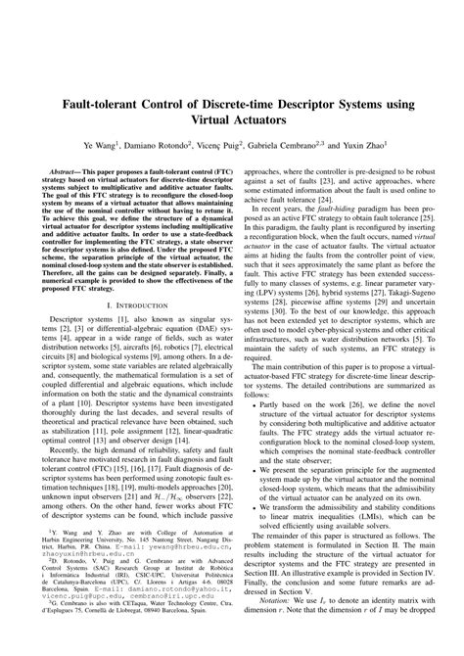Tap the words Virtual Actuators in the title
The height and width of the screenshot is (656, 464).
pos(232,121)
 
